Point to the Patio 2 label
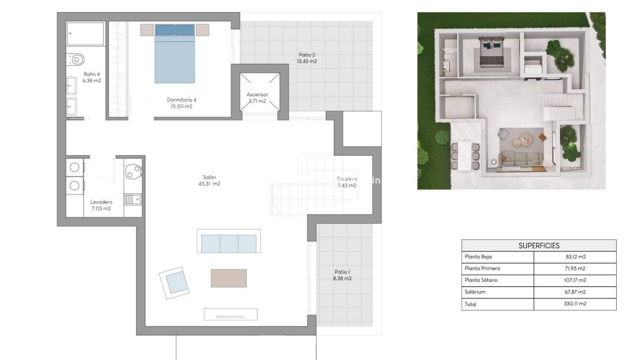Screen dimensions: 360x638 point(306,58)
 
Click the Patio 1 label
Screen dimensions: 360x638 point(343,275)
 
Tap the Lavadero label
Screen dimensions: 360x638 point(101,205)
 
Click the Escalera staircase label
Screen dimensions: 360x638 point(347,182)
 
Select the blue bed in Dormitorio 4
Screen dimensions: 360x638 point(175,55)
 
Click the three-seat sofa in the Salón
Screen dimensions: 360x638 point(229,242)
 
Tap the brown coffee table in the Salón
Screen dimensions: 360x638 point(228,278)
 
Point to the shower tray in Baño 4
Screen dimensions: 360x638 point(86,34)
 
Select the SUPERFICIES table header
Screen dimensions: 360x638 point(539,246)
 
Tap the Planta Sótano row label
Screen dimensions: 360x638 point(481,280)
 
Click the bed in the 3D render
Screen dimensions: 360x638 point(491,55)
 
